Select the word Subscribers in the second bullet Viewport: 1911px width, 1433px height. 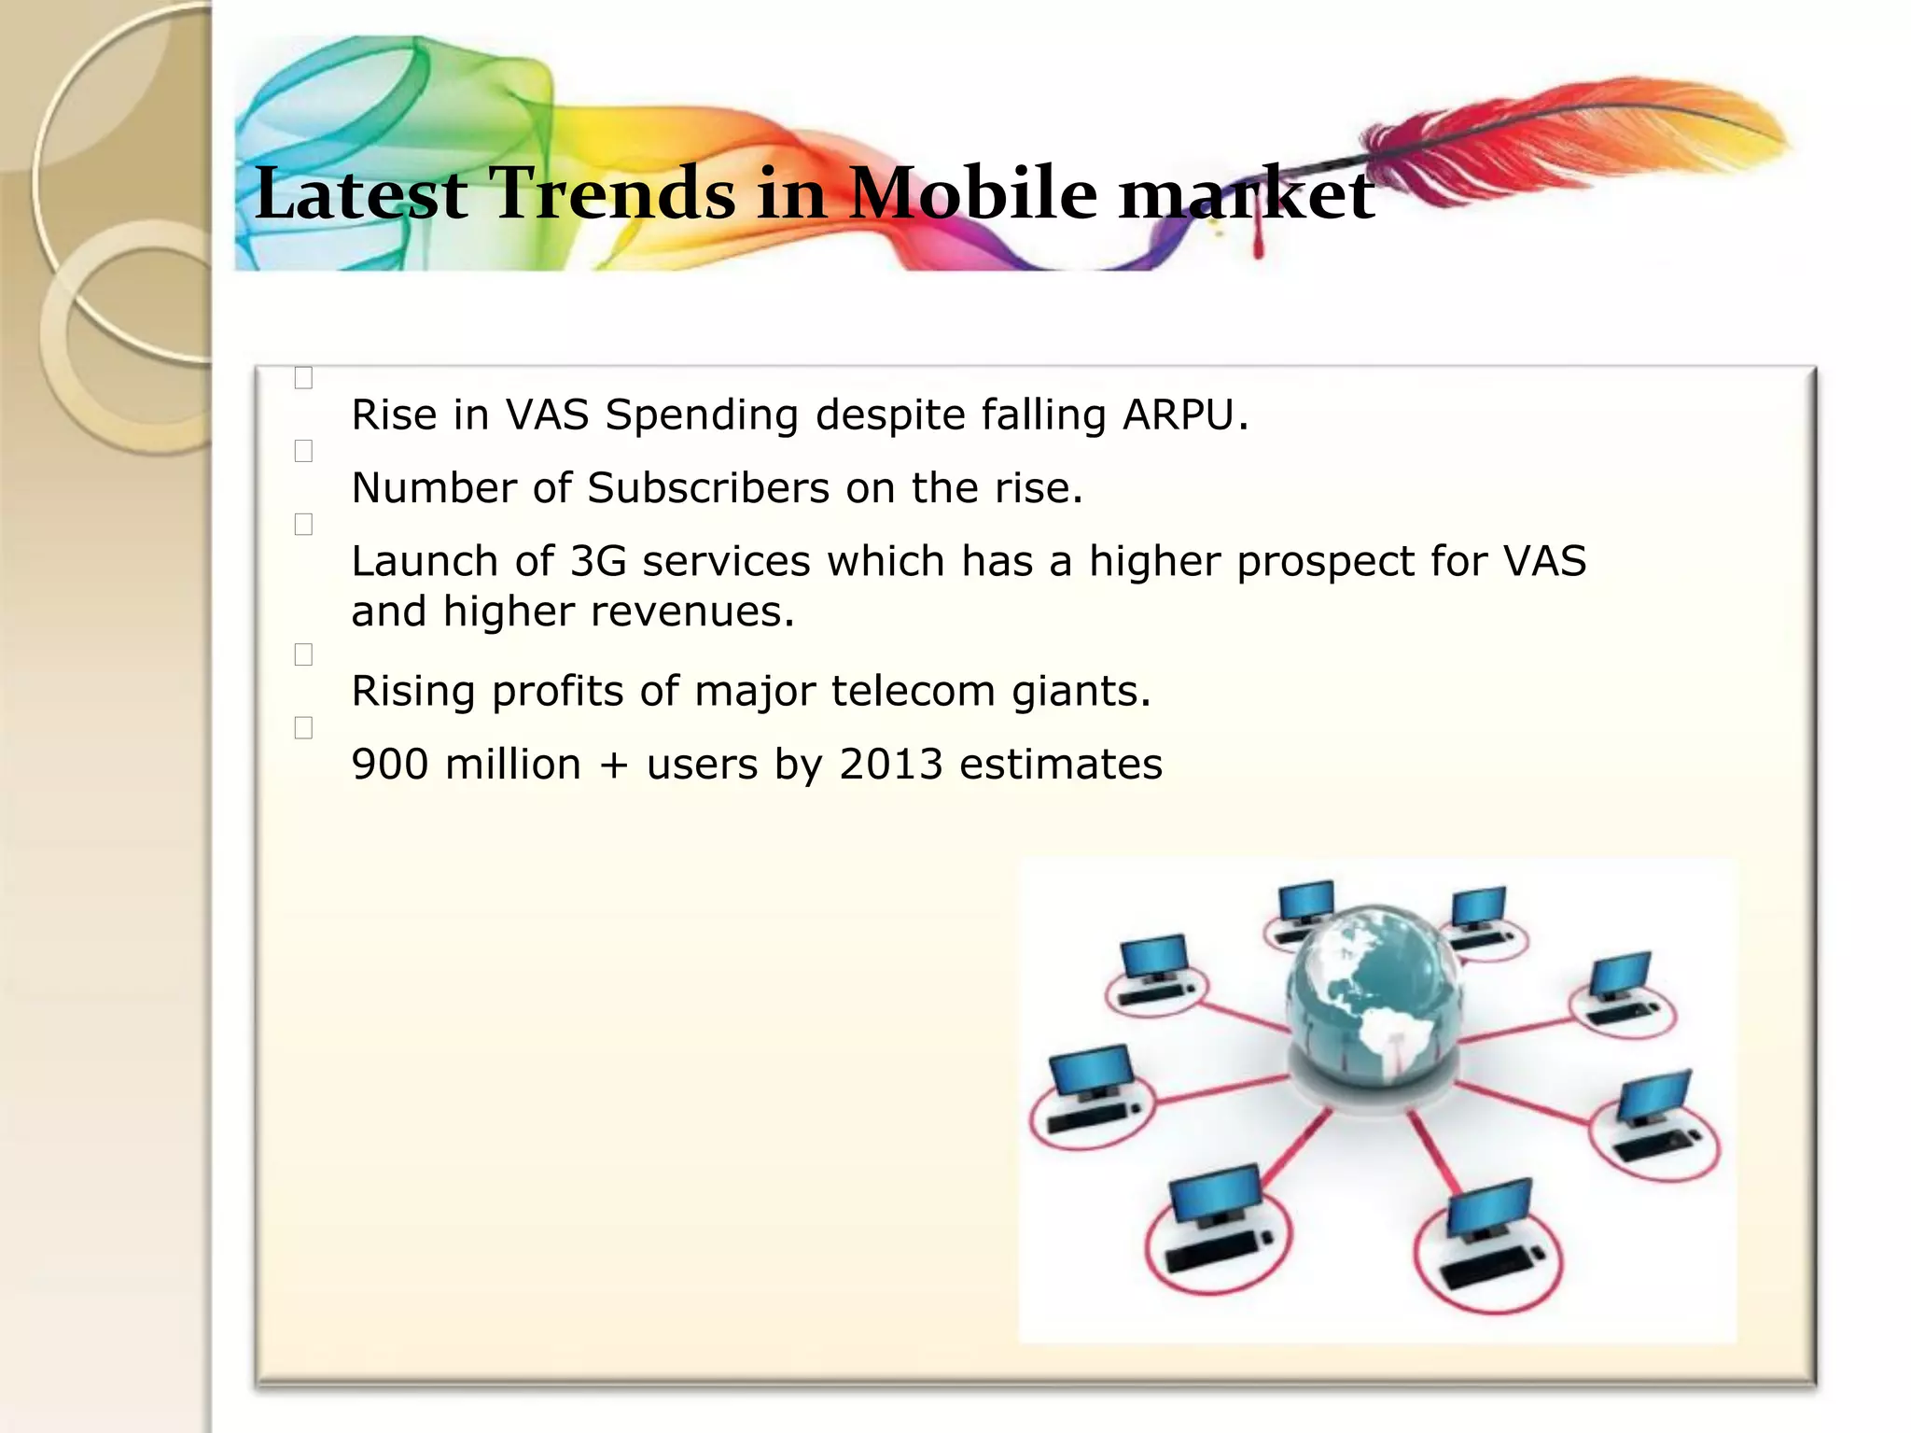[x=707, y=488]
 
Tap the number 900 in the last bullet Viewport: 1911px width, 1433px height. [x=389, y=765]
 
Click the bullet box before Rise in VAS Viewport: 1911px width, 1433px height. [x=303, y=378]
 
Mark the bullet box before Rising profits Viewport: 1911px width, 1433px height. [x=303, y=655]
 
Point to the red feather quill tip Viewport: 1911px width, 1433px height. [x=1257, y=250]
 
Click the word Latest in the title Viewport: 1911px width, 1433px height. [x=360, y=193]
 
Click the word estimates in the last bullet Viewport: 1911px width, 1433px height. [x=1060, y=765]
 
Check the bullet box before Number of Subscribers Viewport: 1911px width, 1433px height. [x=303, y=451]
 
